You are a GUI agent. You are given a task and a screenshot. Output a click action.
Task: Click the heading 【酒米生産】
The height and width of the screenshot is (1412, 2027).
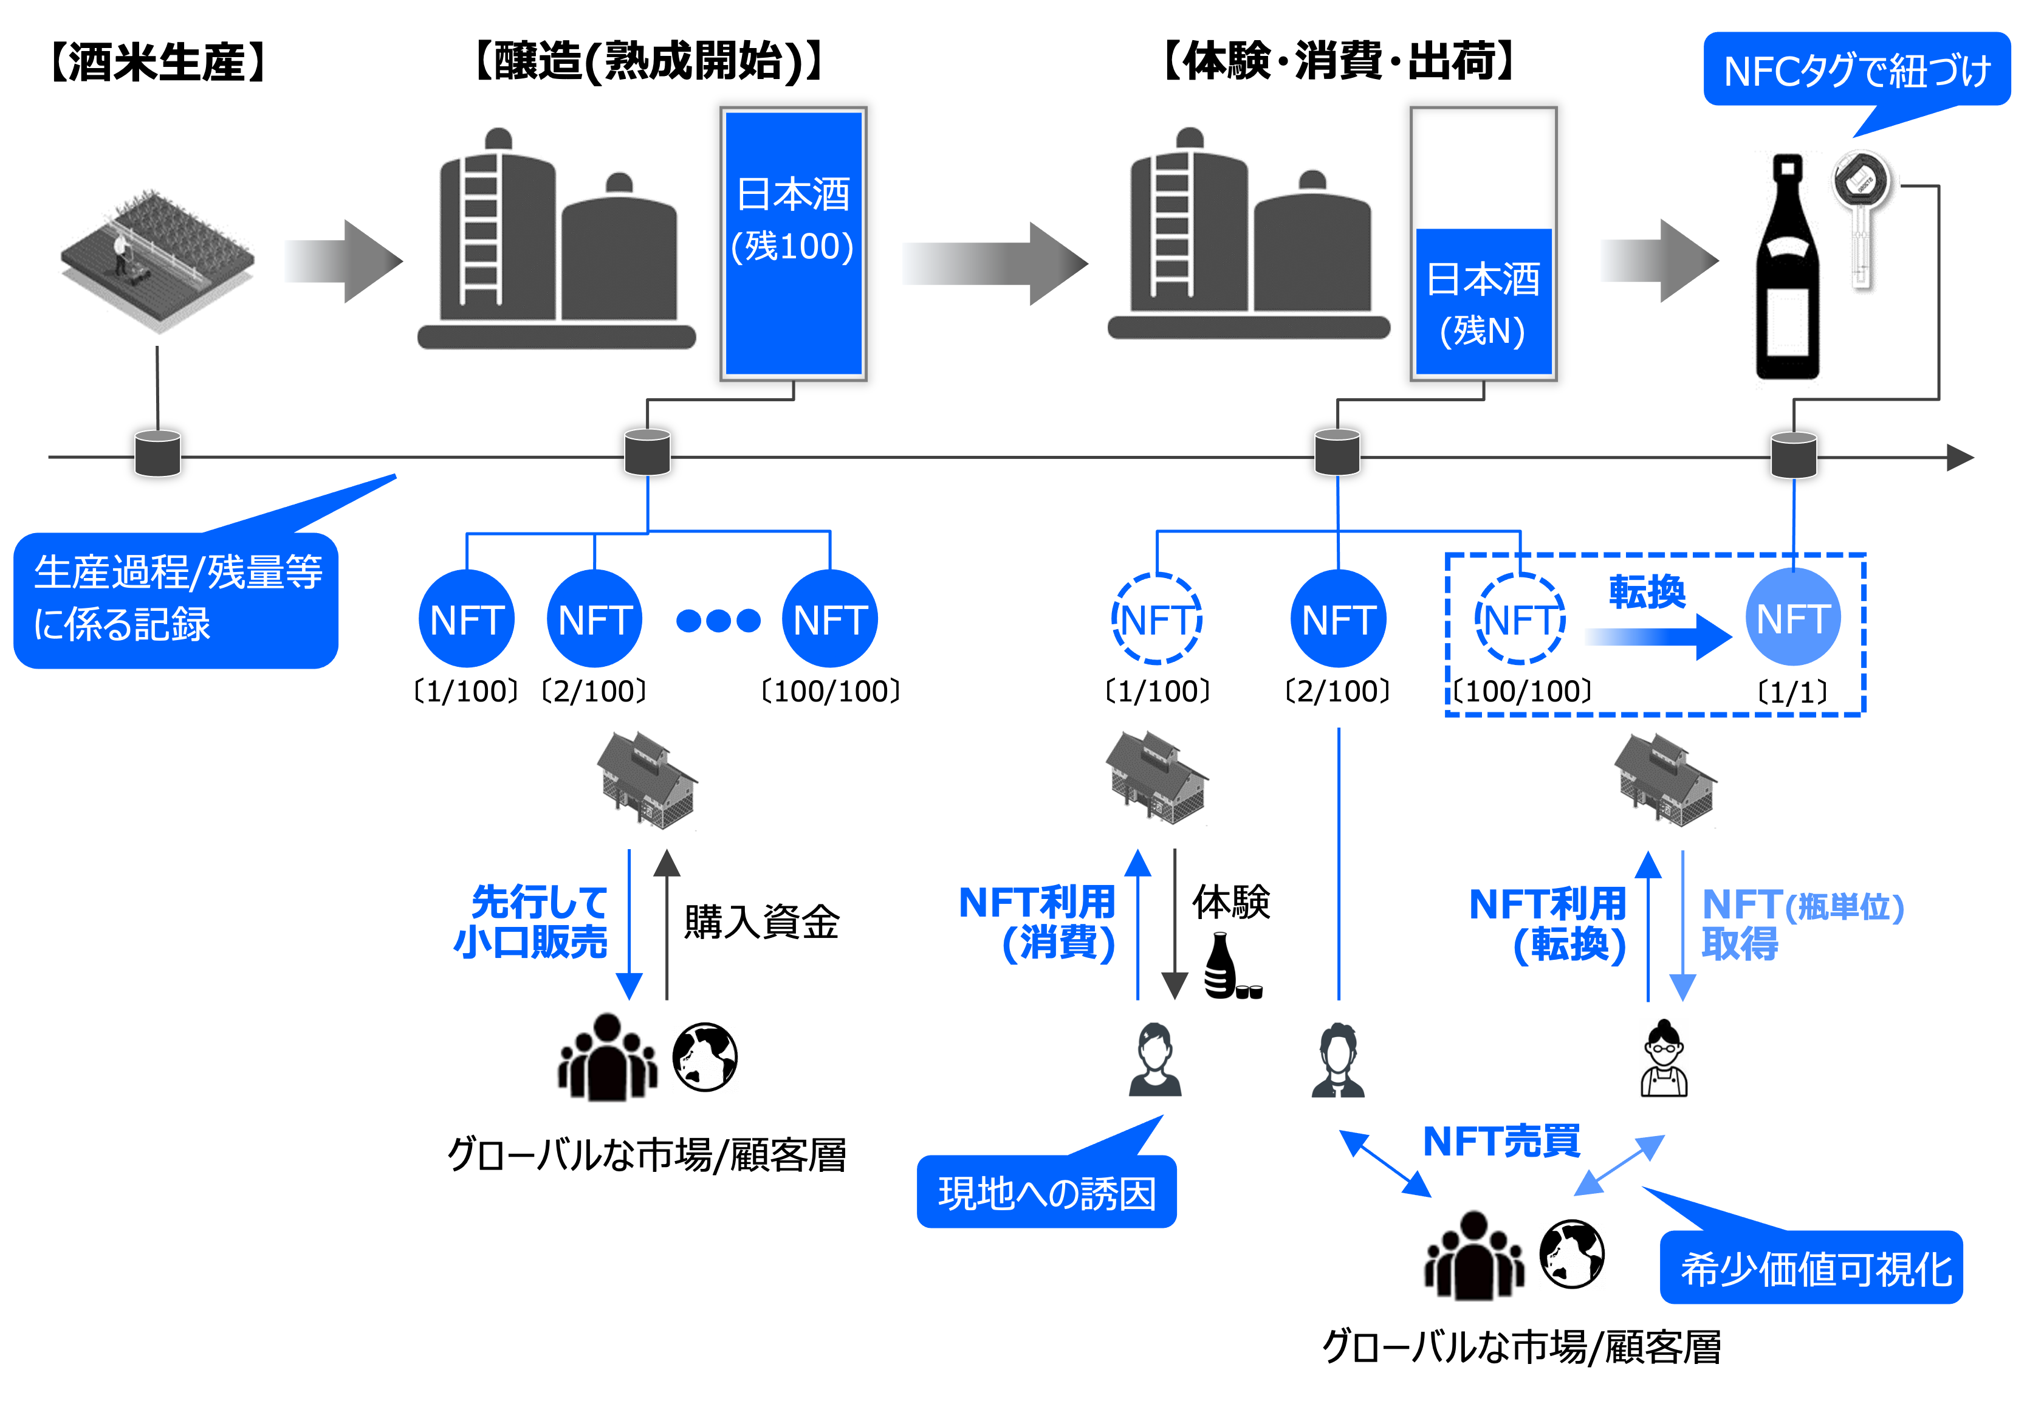(157, 62)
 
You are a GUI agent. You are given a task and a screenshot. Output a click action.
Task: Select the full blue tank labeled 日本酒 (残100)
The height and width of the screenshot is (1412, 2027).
(793, 243)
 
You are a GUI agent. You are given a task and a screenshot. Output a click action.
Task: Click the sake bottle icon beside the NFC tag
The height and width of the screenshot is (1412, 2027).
(1788, 269)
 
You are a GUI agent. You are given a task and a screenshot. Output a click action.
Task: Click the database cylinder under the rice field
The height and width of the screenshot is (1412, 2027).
(158, 453)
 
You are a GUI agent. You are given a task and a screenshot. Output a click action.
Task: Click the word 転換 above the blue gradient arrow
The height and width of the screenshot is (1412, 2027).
(1647, 591)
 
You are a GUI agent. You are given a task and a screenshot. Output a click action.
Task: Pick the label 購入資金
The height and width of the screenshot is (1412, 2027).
(761, 921)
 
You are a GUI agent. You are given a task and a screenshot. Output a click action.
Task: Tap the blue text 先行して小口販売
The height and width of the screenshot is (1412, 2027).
(532, 921)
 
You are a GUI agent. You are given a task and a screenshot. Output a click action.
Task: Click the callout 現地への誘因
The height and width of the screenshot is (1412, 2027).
(1047, 1192)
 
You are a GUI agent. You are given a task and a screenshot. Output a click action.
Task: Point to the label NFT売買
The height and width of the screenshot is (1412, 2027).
(1501, 1141)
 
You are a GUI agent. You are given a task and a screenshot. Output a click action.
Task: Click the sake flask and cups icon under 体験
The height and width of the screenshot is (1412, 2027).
(1230, 967)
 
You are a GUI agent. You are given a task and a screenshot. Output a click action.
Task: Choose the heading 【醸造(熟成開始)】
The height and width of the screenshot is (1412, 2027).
(649, 62)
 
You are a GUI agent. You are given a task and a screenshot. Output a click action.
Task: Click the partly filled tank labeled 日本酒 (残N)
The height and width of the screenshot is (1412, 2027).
(1483, 300)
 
